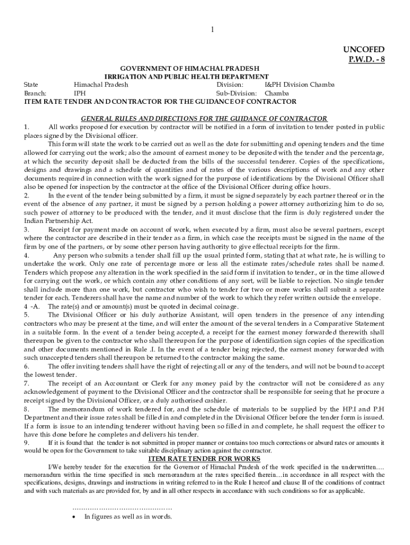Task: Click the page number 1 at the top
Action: tap(212, 30)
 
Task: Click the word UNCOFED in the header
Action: tap(364, 49)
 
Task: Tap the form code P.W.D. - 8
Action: tap(366, 59)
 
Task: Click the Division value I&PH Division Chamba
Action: tap(299, 85)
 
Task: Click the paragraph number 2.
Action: tap(27, 195)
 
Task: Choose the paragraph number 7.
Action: tap(27, 383)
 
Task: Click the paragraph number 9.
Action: tap(27, 442)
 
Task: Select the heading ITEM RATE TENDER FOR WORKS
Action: tap(204, 459)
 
